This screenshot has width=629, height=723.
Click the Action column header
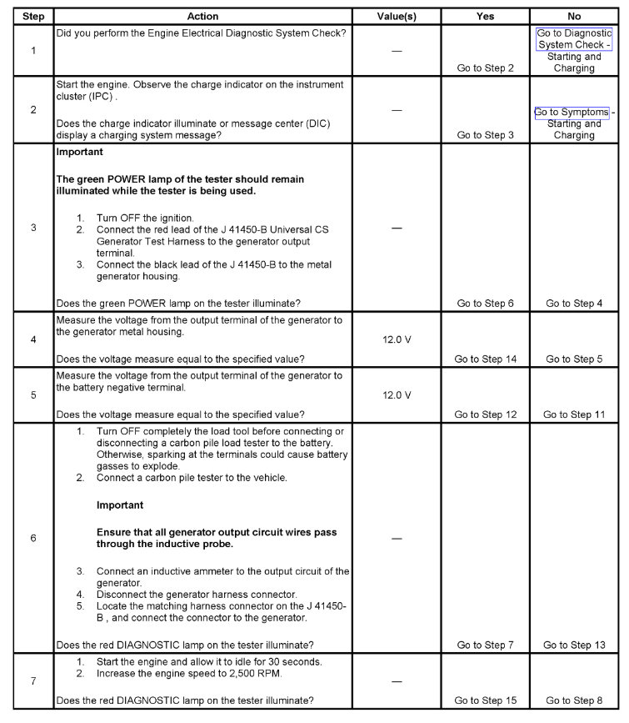coord(202,17)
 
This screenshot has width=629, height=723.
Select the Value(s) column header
coord(397,17)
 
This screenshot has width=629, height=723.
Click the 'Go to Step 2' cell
coord(485,68)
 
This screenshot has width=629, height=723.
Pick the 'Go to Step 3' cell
coord(485,135)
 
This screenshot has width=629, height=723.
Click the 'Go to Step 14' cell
coord(485,359)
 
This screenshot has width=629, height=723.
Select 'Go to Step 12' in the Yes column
coord(485,414)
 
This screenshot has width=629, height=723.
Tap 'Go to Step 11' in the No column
coord(574,414)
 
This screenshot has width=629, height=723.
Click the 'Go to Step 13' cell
coord(574,645)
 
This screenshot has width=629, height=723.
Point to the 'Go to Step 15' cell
coord(485,700)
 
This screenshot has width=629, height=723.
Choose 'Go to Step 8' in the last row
coord(574,700)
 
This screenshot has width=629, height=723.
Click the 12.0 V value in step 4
coord(397,340)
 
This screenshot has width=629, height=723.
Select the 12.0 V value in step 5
coord(397,395)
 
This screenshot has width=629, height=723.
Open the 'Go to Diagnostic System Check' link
coord(574,39)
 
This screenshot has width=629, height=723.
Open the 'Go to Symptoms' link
coord(572,113)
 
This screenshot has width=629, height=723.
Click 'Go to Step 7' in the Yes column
coord(485,645)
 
